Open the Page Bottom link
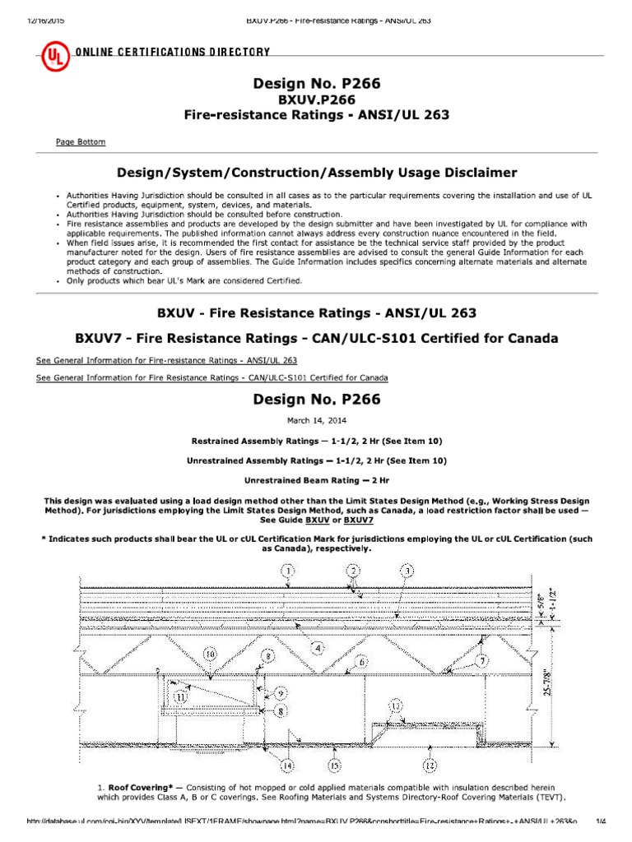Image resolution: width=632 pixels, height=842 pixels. (x=80, y=142)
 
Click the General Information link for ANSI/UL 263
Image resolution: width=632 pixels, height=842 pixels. (x=167, y=360)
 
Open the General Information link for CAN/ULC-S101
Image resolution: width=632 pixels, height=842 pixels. (x=212, y=377)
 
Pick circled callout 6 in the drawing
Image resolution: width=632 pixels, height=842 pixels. (x=361, y=660)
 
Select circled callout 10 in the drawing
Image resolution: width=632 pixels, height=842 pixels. (x=210, y=655)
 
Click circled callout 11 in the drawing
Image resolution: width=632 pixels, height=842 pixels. (x=183, y=695)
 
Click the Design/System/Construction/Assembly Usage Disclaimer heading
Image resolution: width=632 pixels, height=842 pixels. (x=317, y=173)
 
